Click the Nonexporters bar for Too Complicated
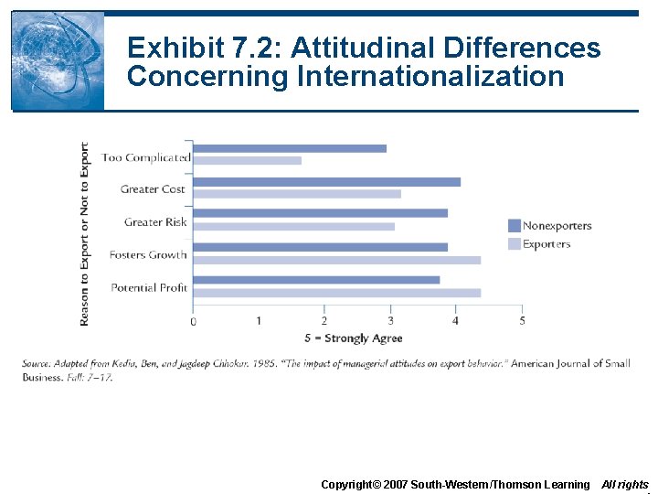(x=289, y=148)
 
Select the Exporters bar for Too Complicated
(x=247, y=161)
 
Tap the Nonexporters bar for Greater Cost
(x=326, y=181)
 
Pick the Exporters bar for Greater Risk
(x=293, y=226)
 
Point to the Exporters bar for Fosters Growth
(x=336, y=260)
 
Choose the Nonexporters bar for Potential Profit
(x=316, y=280)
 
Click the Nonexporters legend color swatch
(x=514, y=226)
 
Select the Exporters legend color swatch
(x=514, y=244)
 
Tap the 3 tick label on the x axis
(x=390, y=321)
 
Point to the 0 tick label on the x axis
(x=193, y=321)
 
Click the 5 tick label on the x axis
(x=522, y=321)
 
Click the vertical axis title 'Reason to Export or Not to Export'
(x=85, y=233)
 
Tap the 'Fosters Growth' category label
(x=147, y=255)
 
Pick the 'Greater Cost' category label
(x=153, y=189)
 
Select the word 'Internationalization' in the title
(x=430, y=77)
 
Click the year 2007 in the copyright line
(x=394, y=484)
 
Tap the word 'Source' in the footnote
(x=35, y=364)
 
